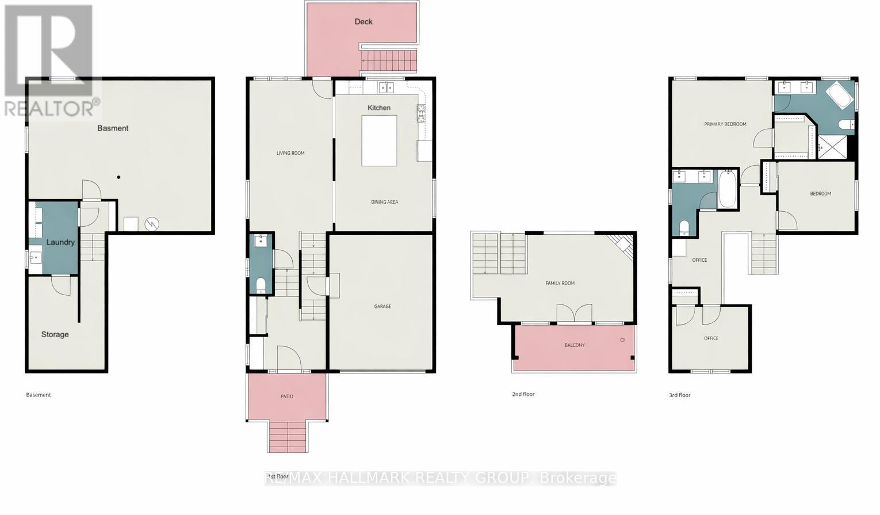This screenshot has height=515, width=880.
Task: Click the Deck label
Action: tap(364, 22)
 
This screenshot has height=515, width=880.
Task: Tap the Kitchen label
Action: tap(379, 108)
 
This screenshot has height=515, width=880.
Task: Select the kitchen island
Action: tap(379, 140)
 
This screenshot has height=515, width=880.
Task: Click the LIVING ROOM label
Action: tap(290, 153)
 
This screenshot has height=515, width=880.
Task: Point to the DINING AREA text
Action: tap(384, 202)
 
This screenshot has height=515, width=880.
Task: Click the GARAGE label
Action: tap(382, 306)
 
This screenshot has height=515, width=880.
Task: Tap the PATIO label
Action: tap(287, 396)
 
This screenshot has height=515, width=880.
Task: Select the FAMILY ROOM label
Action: tap(560, 283)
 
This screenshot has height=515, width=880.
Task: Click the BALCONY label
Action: tap(575, 345)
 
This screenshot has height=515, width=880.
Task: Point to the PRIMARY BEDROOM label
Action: tap(725, 124)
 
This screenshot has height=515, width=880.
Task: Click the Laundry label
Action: tap(60, 242)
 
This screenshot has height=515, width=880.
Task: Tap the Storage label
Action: tap(55, 334)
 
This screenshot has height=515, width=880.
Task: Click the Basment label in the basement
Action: tap(113, 128)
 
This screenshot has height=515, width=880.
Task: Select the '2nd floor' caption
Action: tap(523, 394)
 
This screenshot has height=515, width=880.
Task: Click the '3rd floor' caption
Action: tap(679, 395)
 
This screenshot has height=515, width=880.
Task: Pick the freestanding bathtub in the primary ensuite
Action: tap(839, 95)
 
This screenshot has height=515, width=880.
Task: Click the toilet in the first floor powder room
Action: tap(261, 284)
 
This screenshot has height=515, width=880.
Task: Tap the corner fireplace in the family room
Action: tap(622, 244)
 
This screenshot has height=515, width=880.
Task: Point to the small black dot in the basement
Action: tap(118, 177)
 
